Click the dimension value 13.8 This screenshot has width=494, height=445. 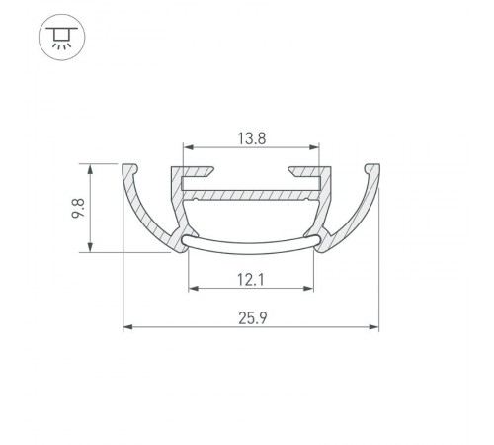(x=251, y=139)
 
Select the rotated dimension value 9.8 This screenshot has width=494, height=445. (x=76, y=207)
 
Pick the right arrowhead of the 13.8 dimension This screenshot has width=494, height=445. (x=317, y=149)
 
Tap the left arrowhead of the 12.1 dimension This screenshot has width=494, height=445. (x=192, y=289)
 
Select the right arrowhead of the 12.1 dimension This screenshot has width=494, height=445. (x=310, y=289)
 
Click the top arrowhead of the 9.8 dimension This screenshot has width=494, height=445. (x=91, y=166)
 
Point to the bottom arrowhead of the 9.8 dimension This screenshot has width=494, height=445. (x=91, y=248)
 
